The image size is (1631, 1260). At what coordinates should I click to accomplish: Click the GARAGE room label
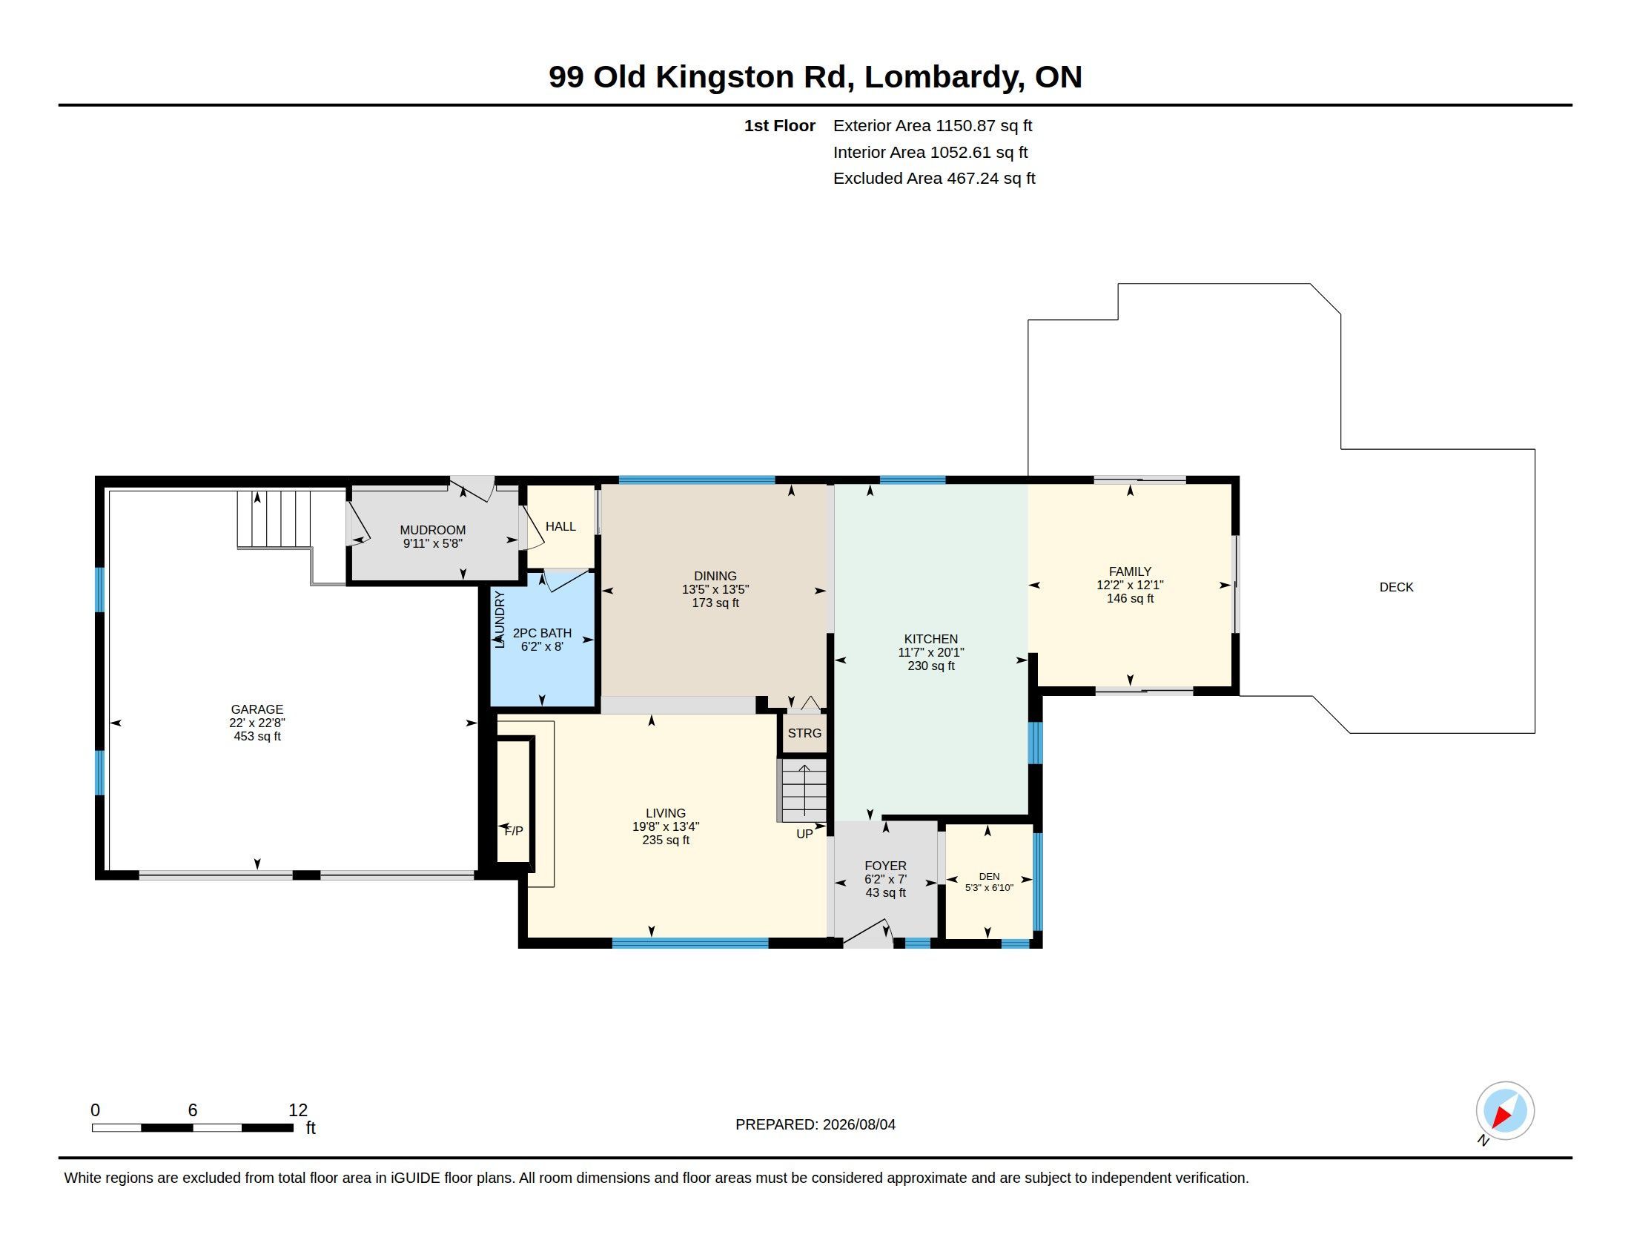pos(257,709)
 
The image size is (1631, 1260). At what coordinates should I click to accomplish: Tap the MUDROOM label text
pos(432,530)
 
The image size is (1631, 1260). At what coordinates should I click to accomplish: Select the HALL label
pos(560,526)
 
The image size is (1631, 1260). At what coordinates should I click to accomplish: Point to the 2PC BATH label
pos(542,633)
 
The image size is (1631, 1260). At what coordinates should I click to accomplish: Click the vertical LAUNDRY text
pos(500,619)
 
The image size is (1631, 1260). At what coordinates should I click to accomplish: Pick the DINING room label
pos(715,575)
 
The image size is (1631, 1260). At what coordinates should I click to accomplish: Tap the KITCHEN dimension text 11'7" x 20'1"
pos(930,652)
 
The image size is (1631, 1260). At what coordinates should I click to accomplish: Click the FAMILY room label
pos(1130,571)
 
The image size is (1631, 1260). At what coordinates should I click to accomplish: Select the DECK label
pos(1397,588)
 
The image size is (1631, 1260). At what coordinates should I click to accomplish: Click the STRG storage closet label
pos(804,733)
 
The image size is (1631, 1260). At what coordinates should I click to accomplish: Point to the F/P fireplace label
pos(514,831)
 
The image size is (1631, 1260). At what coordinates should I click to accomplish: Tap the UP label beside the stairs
pos(804,834)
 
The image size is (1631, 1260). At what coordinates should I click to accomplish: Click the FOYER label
pos(885,866)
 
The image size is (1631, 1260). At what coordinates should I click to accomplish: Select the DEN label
pos(989,876)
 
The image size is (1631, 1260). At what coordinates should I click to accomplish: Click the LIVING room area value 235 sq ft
pos(666,840)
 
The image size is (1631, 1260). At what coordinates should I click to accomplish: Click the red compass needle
pos(1501,1117)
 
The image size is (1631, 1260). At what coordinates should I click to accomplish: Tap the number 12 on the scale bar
pos(298,1110)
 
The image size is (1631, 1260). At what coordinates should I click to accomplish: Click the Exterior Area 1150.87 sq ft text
pos(933,126)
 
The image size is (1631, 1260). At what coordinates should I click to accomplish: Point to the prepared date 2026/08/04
pos(858,1124)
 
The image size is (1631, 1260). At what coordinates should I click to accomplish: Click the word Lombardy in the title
pos(944,78)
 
